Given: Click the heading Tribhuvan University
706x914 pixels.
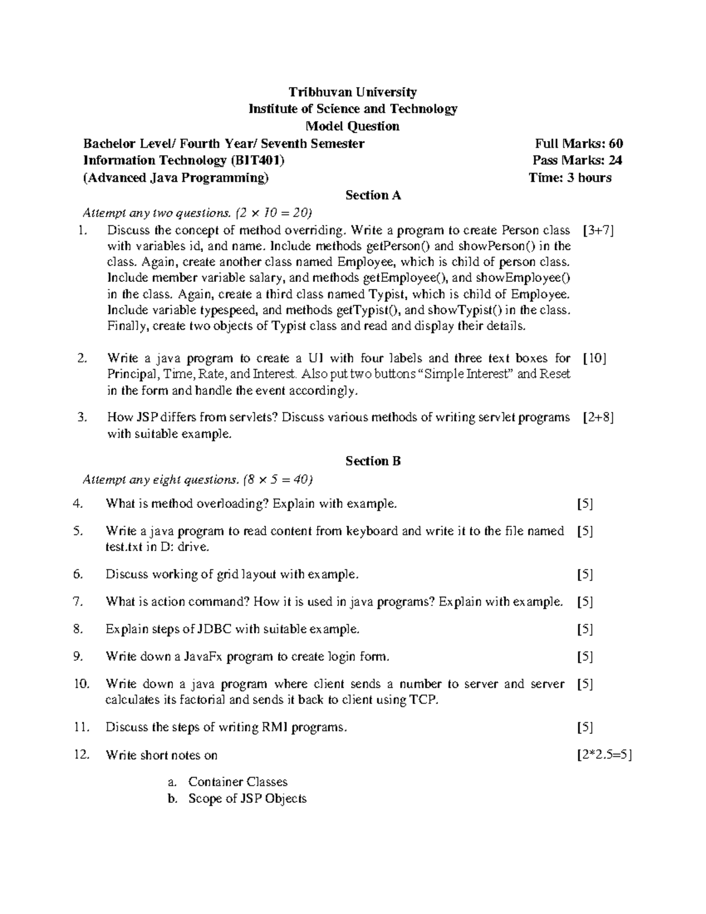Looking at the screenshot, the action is pos(352,92).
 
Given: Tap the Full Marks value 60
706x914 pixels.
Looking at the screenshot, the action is pos(615,143).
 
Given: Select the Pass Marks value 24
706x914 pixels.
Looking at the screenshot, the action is pos(615,160).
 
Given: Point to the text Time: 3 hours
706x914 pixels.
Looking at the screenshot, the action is pos(570,178).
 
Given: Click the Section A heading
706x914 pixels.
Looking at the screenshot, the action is pos(373,195).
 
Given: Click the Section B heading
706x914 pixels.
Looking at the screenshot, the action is pos(373,461).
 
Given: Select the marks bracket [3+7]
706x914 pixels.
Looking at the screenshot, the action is pos(598,231).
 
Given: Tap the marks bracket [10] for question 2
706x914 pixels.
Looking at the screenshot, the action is pos(594,358).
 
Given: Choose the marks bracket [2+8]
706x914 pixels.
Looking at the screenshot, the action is pos(598,418).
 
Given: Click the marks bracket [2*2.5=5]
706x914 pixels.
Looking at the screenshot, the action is pos(604,755).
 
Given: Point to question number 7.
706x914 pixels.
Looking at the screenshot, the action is pos(78,601).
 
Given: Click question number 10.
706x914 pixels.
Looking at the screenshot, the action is pos(81,684).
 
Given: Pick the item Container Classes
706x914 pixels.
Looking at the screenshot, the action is pos(238,782).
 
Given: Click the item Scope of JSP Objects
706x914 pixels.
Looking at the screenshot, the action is pos(247,799).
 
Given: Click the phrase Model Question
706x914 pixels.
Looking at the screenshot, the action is pos(352,126).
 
